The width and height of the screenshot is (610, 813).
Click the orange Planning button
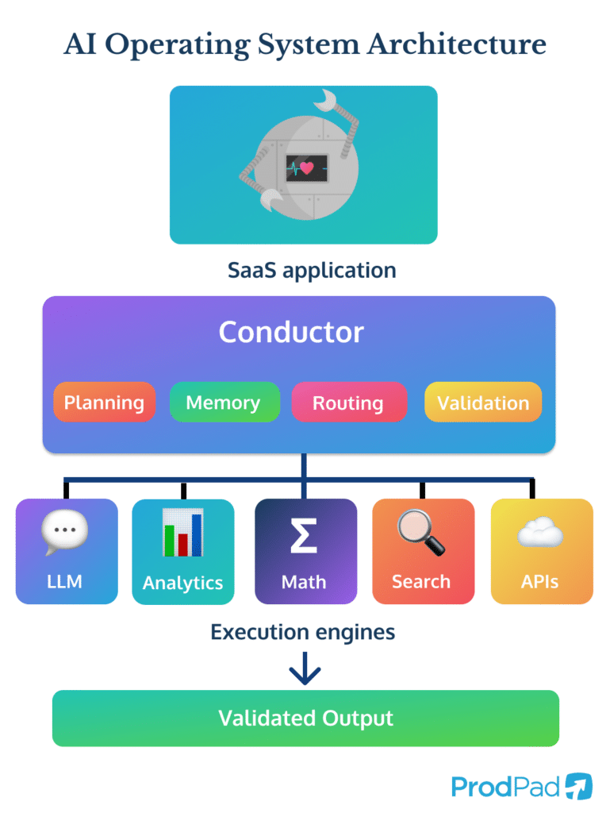tap(104, 403)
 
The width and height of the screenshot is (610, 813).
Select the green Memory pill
tap(224, 403)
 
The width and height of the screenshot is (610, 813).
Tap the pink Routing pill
tap(347, 403)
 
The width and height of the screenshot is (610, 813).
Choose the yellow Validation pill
tap(482, 403)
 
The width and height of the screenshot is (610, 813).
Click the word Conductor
tap(291, 332)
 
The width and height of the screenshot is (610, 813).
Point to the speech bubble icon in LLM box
tap(65, 533)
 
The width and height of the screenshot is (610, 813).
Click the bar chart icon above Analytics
tap(182, 533)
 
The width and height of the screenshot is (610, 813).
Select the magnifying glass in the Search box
tap(421, 533)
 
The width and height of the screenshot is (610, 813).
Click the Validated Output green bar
tap(305, 719)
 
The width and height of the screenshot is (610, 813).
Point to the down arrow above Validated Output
tap(305, 669)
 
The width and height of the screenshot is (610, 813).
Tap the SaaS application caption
tap(312, 270)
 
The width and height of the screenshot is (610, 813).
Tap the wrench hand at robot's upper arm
tap(327, 100)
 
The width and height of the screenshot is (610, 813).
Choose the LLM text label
tap(64, 582)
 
